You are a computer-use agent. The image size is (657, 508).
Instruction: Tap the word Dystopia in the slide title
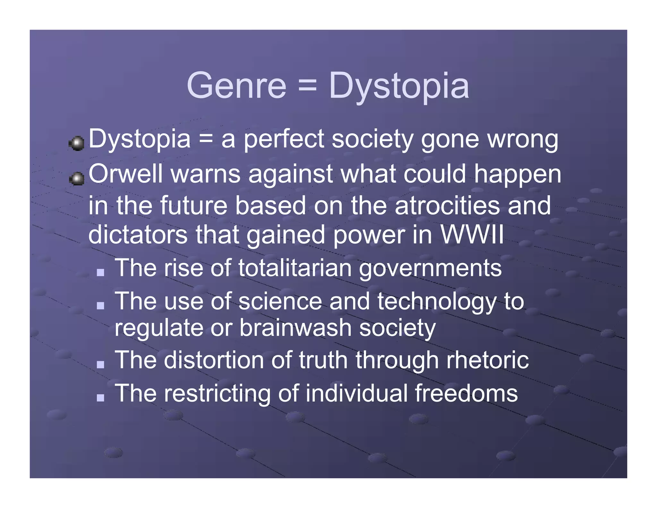tap(399, 86)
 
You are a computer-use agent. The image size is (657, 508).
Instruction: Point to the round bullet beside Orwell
tap(77, 179)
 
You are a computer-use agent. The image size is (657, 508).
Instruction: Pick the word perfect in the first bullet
tap(284, 139)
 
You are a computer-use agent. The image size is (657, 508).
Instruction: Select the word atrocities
tap(447, 206)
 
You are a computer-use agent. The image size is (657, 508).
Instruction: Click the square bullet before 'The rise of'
tap(101, 272)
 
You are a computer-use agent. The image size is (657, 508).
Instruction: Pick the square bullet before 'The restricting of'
tap(101, 398)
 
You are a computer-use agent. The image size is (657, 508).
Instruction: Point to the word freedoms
tap(466, 393)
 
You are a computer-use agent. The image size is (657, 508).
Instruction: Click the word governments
tap(430, 268)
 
